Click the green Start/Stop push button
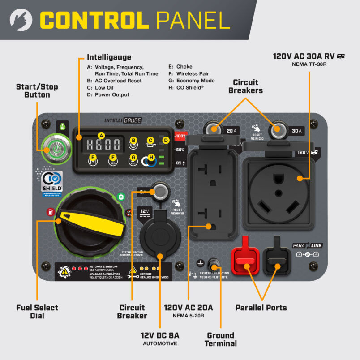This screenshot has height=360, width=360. click(x=52, y=147)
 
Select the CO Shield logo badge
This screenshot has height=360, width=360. click(x=52, y=182)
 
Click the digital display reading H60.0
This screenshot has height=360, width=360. click(x=103, y=144)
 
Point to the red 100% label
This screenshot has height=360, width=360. click(x=180, y=136)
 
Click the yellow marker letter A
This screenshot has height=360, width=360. click(x=101, y=135)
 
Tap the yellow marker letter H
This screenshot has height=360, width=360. click(x=151, y=158)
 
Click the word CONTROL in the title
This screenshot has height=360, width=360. click(x=97, y=20)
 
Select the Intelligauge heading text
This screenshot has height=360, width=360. click(x=109, y=57)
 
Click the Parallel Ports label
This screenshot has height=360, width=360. click(x=261, y=308)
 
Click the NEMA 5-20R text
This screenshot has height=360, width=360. click(x=188, y=316)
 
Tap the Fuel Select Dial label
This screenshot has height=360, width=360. click(x=37, y=312)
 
